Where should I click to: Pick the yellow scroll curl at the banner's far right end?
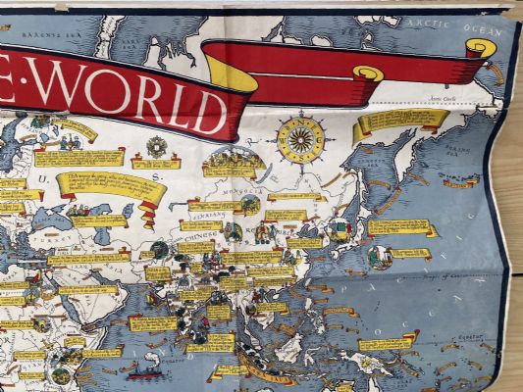[481, 48]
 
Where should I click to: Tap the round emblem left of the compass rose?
[156, 147]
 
